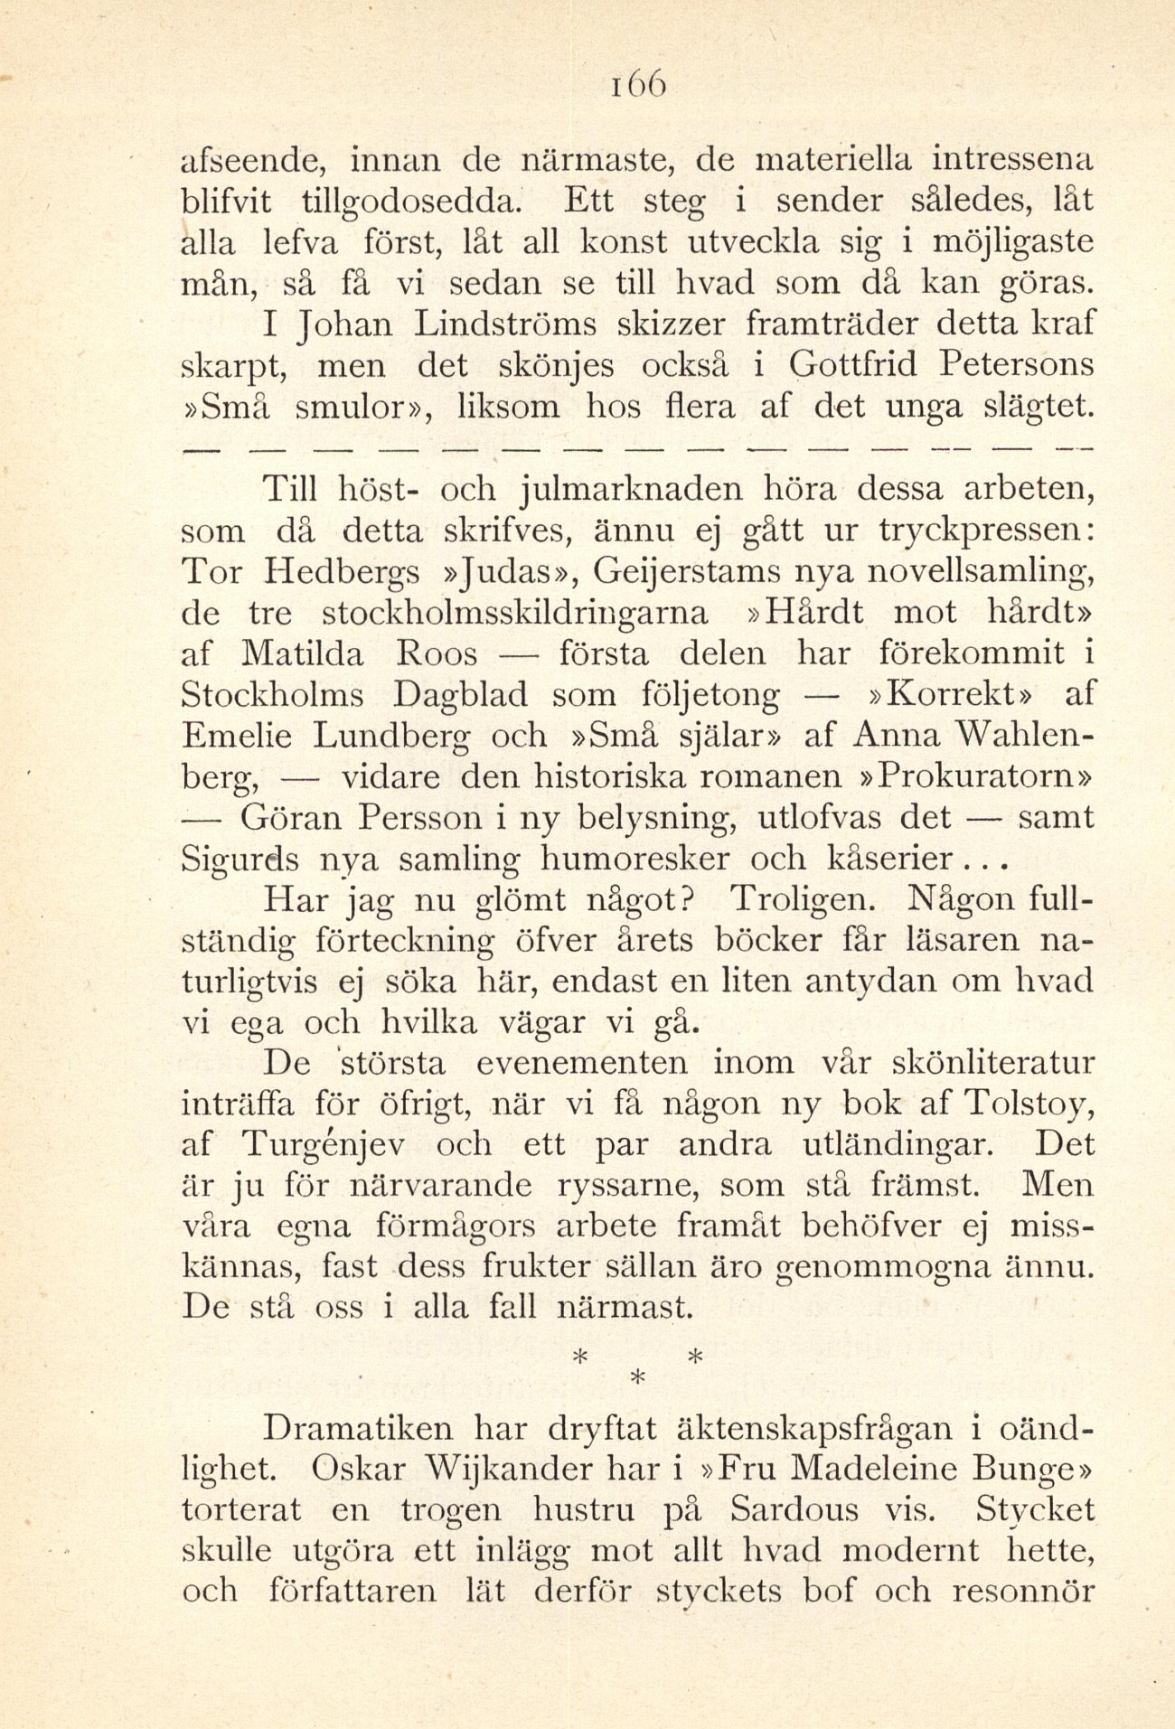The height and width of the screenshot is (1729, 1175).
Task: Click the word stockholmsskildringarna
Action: pos(516,614)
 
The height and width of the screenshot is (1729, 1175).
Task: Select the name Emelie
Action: pos(237,736)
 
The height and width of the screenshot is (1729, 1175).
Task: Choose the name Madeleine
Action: pos(911,1470)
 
